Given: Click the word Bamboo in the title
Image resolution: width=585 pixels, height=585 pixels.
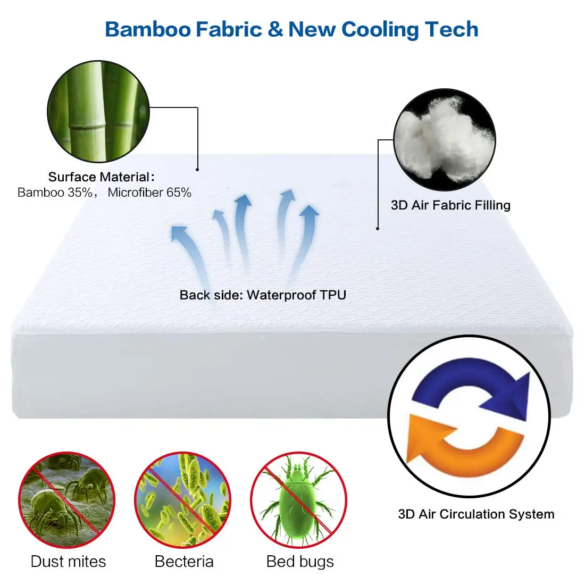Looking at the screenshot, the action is (147, 29).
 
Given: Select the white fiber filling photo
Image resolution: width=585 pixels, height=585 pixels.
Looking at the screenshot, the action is (445, 140).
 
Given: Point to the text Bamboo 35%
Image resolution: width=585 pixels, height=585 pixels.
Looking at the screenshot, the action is (55, 193).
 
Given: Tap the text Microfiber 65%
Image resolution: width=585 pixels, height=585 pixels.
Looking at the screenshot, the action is (149, 193).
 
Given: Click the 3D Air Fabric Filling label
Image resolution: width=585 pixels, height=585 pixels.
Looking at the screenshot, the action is (450, 205).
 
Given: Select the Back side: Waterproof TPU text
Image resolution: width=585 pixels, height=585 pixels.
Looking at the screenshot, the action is (263, 295).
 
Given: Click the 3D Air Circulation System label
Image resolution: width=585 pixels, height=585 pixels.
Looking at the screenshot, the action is (476, 514).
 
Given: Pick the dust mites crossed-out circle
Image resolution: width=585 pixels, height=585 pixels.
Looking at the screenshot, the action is (67, 500).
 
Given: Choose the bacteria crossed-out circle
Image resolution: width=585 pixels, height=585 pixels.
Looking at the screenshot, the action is (182, 500).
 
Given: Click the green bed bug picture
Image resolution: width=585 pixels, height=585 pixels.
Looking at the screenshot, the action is (299, 500).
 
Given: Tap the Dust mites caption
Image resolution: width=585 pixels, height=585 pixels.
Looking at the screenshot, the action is (68, 562).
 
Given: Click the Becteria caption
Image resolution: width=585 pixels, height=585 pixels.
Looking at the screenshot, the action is (184, 562).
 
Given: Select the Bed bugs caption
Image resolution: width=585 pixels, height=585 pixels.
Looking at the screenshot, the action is (300, 562).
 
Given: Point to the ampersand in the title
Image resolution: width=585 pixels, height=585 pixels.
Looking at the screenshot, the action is (275, 29).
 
